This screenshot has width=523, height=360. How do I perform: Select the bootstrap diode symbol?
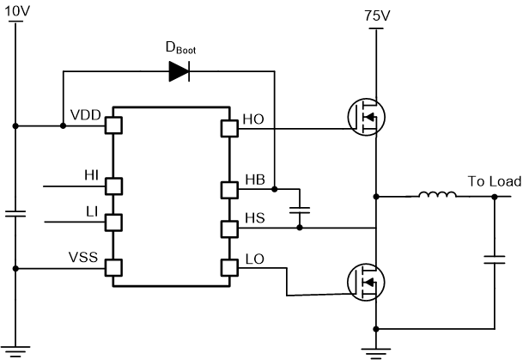point(179,73)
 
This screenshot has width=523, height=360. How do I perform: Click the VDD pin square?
point(112,126)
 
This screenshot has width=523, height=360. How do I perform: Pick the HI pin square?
point(112,185)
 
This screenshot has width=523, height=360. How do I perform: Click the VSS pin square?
point(112,267)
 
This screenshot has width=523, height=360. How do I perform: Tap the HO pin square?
point(228,128)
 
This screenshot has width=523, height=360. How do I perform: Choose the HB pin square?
point(228,189)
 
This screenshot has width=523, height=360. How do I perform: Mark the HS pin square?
point(228,229)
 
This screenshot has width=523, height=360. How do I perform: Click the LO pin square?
point(228,266)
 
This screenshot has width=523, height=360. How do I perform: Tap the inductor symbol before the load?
point(438,197)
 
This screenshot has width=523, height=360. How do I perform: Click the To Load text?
point(494,181)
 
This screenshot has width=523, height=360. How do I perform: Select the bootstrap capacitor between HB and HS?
point(299,209)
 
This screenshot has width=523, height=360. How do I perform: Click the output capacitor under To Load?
point(496,258)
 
